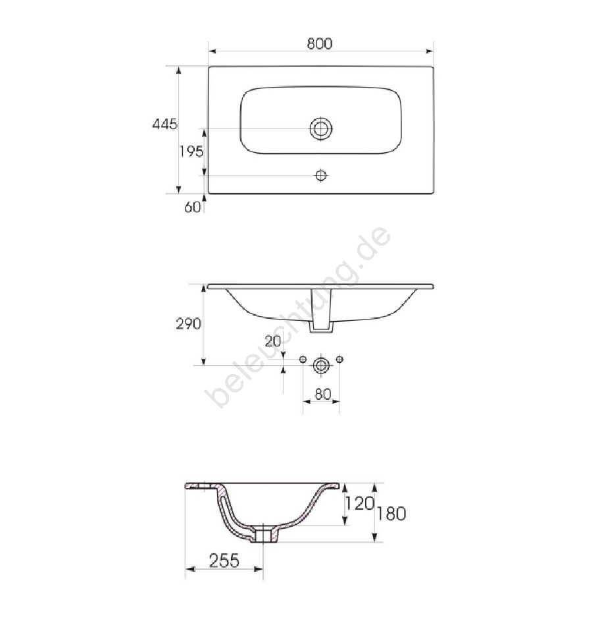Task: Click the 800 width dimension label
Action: click(319, 43)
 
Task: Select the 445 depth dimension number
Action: click(164, 124)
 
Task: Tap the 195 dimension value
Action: click(191, 151)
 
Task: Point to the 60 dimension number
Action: click(192, 207)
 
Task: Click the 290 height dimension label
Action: click(188, 324)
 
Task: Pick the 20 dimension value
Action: click(272, 341)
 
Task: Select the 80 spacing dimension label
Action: click(322, 394)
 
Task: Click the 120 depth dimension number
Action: click(360, 503)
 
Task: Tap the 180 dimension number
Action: click(391, 514)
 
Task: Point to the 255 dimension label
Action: click(224, 560)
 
